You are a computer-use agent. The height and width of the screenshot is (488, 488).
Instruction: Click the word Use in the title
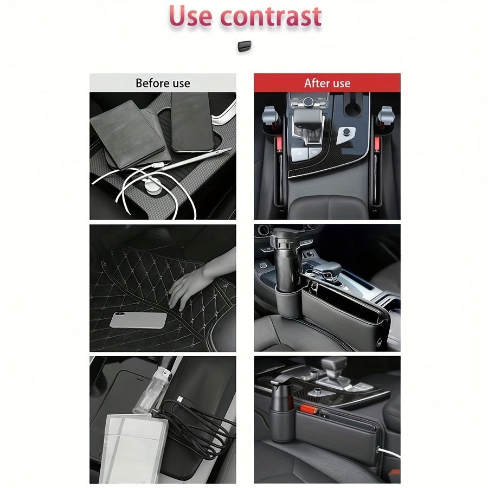pos(190,16)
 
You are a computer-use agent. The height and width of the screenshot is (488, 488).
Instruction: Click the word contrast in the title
pos(271,16)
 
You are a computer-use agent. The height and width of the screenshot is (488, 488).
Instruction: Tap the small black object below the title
pos(244,46)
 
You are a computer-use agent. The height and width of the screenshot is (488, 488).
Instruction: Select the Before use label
pos(163,83)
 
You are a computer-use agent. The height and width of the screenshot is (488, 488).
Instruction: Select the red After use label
pos(327,83)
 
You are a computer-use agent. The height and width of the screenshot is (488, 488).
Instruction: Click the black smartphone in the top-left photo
pos(191,122)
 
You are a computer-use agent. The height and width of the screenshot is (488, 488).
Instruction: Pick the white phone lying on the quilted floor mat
pos(138,320)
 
